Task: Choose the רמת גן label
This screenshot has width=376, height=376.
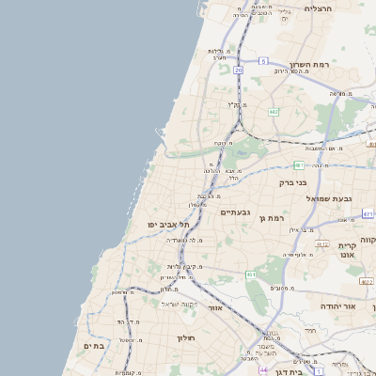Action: pos(274,218)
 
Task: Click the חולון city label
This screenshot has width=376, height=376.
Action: pos(184,337)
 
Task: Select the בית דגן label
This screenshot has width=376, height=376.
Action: pos(292,373)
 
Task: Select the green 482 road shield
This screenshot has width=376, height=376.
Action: pos(274,112)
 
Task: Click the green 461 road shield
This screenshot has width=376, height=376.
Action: pos(251,274)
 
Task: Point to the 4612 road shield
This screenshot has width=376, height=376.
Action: pos(321,244)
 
